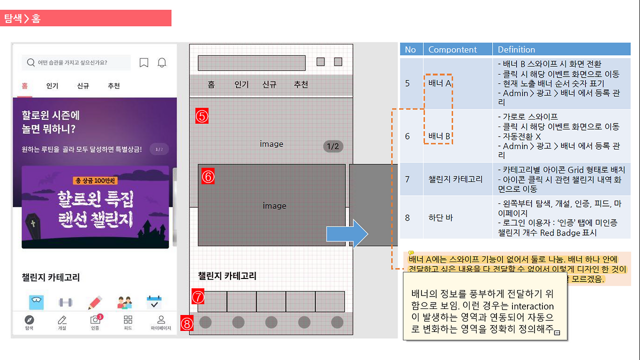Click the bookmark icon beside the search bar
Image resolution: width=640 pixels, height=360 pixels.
point(144,62)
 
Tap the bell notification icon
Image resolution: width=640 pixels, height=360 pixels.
point(162,62)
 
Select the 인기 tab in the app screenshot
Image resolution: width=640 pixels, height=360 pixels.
point(52,85)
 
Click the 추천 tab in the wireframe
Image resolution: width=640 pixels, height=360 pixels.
point(300,84)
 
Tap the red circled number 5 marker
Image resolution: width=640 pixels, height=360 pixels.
point(202,116)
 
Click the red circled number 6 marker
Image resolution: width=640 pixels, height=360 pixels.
point(208,176)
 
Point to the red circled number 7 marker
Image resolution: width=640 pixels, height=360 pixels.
point(198,297)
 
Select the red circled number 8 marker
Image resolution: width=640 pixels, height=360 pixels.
point(186,324)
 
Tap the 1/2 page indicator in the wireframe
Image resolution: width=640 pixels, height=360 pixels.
point(333,146)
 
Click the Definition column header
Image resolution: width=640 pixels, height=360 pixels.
point(516,49)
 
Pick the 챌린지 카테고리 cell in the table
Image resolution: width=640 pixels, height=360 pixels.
point(455,178)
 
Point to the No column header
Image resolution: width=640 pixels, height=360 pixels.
point(410,49)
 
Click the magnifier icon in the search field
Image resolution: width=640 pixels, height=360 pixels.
point(31,62)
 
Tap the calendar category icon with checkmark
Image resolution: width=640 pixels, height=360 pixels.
point(154,302)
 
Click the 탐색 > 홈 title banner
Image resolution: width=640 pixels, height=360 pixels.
point(85,18)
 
